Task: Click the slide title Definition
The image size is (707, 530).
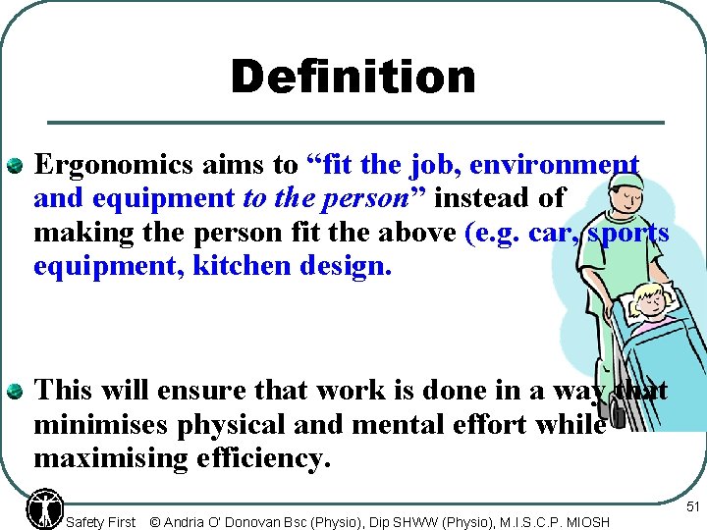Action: (x=353, y=78)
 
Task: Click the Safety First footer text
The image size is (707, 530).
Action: (x=100, y=522)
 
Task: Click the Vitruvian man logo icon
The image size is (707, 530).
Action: (x=45, y=506)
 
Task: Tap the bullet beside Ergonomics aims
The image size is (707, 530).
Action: (x=16, y=165)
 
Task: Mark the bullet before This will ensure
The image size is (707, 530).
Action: (x=16, y=392)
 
